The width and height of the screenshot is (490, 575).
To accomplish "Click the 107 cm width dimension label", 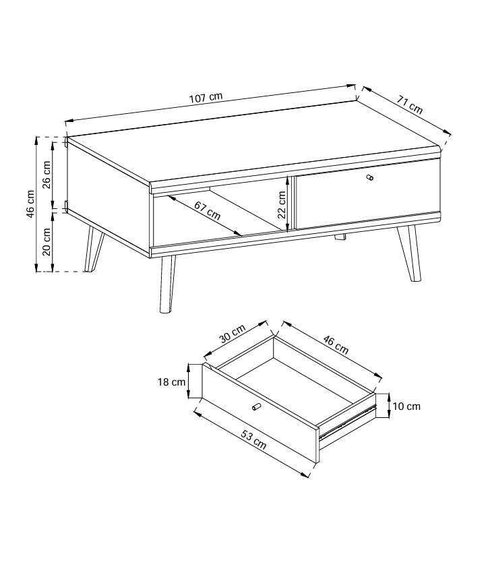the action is (x=206, y=98).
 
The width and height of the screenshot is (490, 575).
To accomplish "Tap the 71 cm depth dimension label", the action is (x=410, y=104).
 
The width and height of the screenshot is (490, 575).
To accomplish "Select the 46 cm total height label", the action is (x=30, y=204).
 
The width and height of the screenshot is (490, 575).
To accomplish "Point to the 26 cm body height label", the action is (x=47, y=175).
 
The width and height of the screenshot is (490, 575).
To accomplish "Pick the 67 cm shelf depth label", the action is (x=207, y=211).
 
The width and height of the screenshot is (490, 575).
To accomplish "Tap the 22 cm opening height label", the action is (x=281, y=205).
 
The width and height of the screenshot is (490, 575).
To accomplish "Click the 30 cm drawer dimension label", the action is (x=233, y=334).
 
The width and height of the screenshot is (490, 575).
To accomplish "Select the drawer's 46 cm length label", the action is (x=336, y=345).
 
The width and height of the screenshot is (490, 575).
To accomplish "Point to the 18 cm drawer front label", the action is (x=172, y=382).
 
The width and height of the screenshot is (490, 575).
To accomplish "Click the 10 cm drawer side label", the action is (x=406, y=406).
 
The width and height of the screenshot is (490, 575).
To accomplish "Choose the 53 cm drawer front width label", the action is (x=253, y=439).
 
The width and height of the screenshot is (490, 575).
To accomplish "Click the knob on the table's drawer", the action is (x=370, y=177).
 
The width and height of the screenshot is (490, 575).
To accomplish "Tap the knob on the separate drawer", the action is (x=256, y=406).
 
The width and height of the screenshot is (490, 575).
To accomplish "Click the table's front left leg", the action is (x=167, y=284).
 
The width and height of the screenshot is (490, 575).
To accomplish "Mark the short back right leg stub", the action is (x=340, y=237).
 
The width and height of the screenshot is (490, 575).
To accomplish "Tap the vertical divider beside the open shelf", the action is (x=292, y=204).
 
